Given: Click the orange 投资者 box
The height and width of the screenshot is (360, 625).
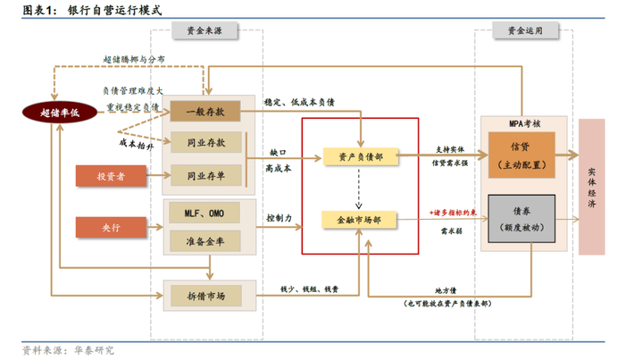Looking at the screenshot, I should point(111,175).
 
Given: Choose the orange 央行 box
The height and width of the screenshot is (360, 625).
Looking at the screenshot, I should point(111,226).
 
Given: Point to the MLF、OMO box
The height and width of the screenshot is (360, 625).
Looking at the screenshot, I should point(205,213).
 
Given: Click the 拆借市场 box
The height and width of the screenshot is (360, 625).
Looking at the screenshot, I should point(205,294).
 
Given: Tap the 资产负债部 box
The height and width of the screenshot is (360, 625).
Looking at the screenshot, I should point(360,156).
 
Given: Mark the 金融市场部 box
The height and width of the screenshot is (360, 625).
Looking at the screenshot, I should point(360,217).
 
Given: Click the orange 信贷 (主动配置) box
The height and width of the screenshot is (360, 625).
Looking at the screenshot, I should point(521,155).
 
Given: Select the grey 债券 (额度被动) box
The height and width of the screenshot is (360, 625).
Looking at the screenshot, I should point(521,219).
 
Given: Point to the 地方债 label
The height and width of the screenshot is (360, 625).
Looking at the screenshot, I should point(446,290).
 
